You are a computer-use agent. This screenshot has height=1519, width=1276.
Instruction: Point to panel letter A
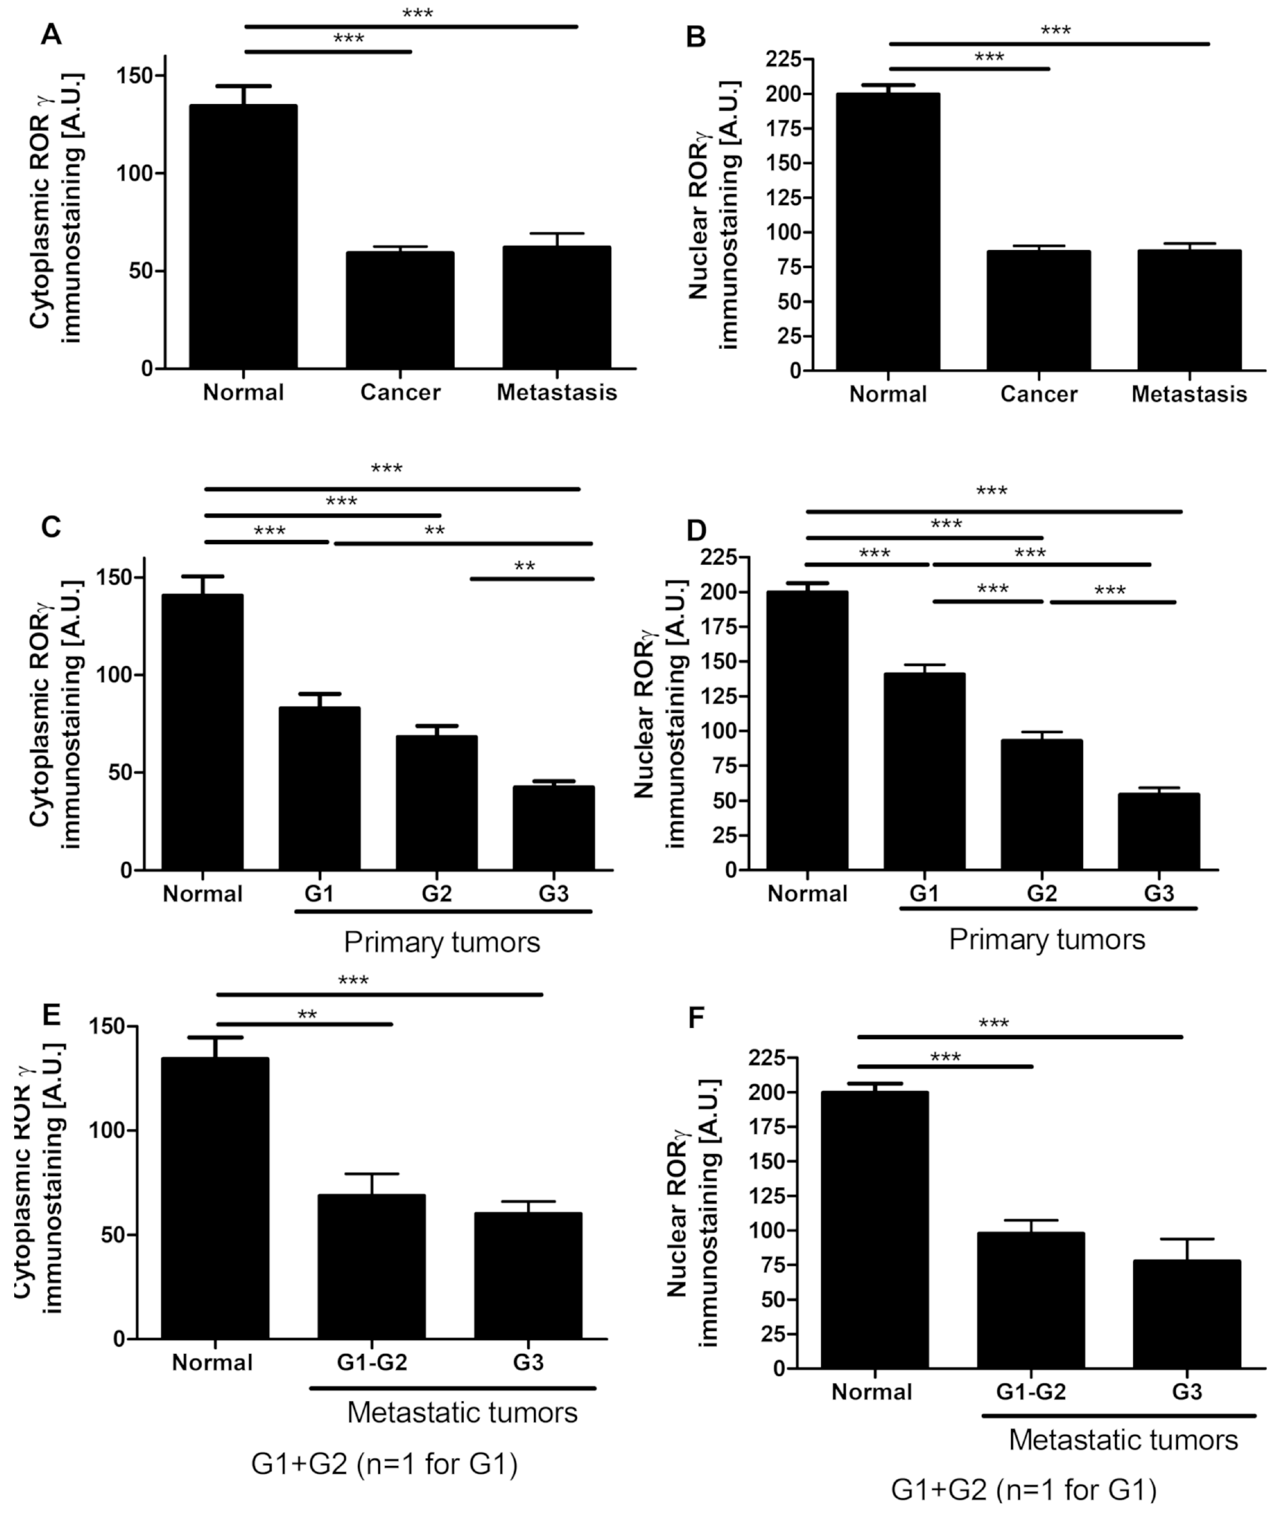(51, 34)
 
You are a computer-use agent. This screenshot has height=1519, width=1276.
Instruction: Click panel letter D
(696, 530)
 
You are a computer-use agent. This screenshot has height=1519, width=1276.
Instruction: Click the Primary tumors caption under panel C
(441, 942)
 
